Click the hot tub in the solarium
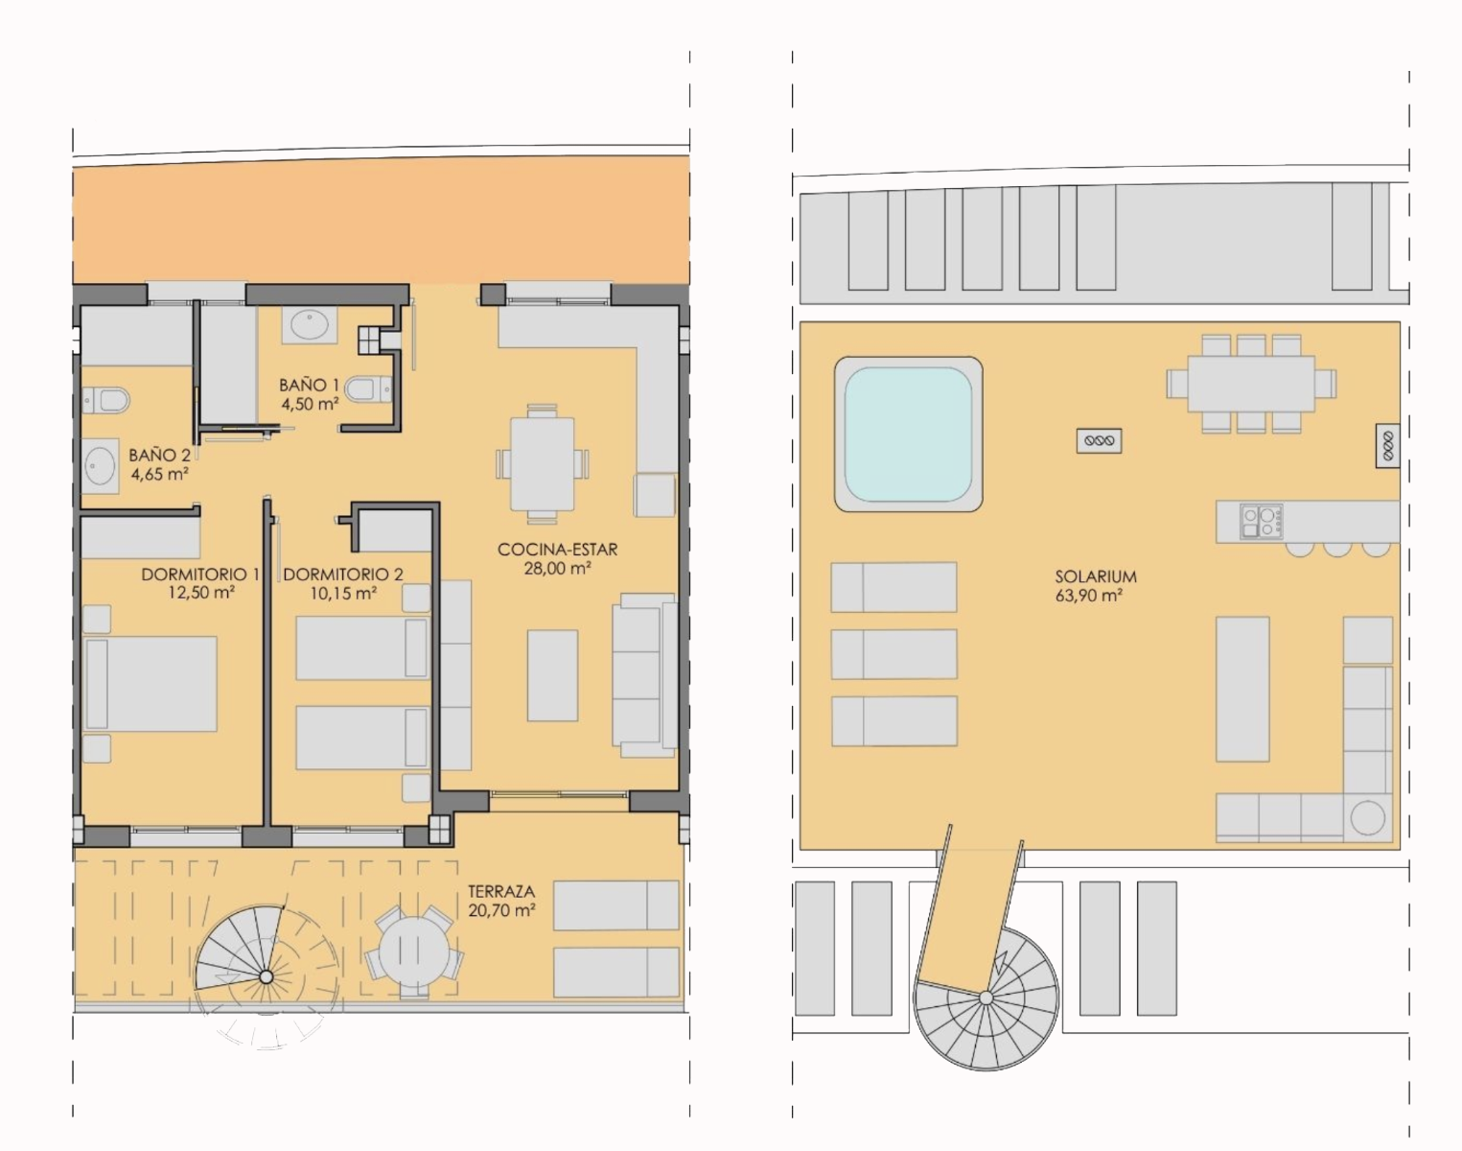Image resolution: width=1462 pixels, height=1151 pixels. (908, 435)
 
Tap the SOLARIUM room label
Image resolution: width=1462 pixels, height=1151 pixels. (1095, 576)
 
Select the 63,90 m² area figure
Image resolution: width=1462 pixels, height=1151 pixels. (1088, 597)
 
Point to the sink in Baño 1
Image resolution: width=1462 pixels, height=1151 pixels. (309, 325)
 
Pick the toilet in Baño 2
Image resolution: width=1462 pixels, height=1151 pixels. (106, 400)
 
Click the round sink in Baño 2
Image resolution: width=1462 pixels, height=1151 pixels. (101, 466)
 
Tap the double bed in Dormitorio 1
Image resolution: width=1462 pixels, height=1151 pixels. (151, 684)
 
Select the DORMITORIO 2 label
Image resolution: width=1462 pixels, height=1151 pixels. (343, 575)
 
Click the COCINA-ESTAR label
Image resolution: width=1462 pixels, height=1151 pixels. (558, 550)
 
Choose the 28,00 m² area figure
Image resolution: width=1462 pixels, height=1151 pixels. (557, 569)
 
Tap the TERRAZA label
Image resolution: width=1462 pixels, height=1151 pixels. (501, 891)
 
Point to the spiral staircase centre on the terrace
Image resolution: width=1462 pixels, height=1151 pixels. (267, 977)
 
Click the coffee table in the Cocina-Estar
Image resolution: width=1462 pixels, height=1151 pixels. (553, 675)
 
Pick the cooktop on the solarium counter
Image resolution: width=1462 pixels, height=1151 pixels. (1261, 522)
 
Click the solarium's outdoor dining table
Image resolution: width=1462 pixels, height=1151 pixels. (1251, 384)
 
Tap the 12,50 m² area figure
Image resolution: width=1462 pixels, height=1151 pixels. (201, 593)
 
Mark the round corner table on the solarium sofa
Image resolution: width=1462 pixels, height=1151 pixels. (1367, 818)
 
